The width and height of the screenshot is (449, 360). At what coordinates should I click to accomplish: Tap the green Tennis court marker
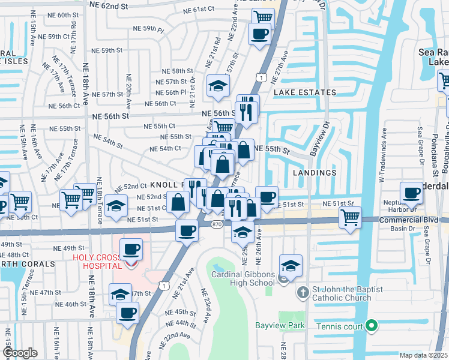point(372,326)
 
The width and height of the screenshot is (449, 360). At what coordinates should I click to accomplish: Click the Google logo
point(20,352)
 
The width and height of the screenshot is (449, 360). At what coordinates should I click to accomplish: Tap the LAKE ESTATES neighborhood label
point(304,92)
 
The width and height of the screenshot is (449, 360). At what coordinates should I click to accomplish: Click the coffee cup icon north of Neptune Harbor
point(411,193)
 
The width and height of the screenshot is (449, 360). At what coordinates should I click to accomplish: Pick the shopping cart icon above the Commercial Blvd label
point(351,217)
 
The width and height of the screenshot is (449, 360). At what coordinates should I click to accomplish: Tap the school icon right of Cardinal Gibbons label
point(291,266)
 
